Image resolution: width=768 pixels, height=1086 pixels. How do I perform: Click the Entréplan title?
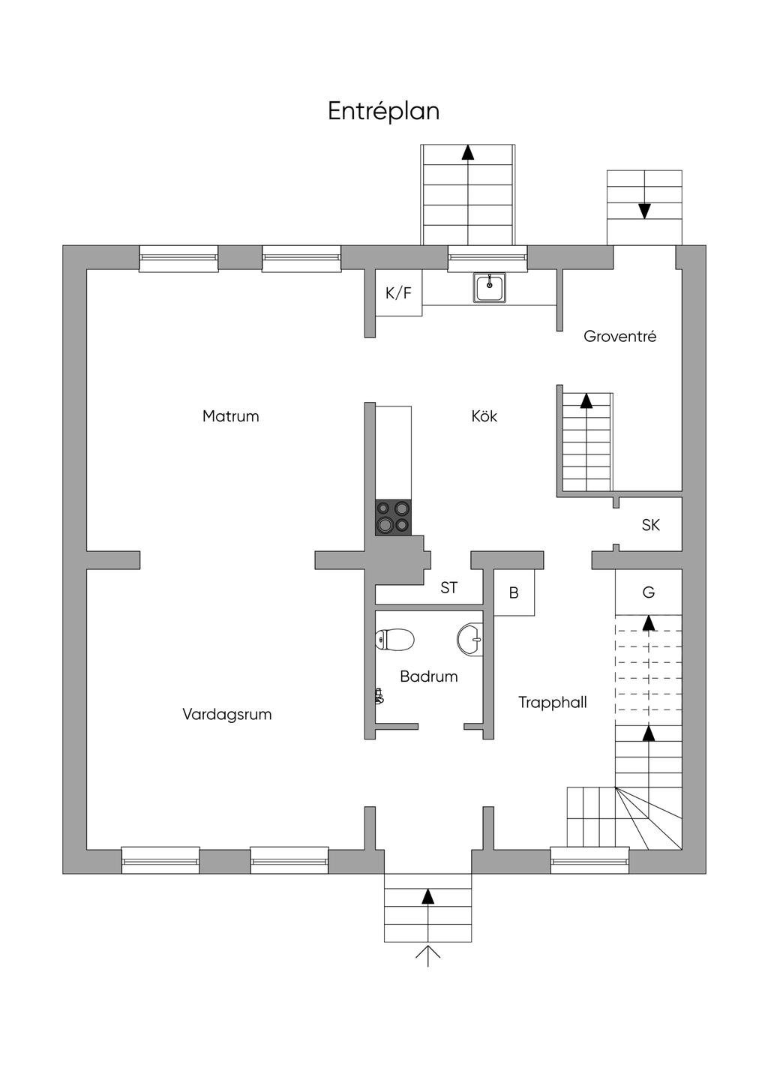tap(383, 111)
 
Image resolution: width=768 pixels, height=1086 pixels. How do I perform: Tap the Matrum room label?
tap(230, 416)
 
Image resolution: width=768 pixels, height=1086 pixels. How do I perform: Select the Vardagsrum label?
tap(226, 714)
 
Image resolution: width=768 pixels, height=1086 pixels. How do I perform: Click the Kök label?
tap(484, 416)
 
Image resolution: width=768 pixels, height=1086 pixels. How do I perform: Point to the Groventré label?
tap(619, 337)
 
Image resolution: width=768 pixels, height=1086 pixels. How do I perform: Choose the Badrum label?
tap(428, 676)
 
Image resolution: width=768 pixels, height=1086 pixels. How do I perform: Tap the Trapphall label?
tap(552, 703)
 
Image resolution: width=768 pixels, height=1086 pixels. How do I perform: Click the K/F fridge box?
tap(398, 292)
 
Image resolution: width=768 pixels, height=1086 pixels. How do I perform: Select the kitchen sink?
tap(489, 287)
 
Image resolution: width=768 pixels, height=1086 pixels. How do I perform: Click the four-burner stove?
tap(393, 517)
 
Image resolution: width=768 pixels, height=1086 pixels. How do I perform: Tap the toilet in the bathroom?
tap(394, 640)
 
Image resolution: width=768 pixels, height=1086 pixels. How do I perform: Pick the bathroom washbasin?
tap(470, 639)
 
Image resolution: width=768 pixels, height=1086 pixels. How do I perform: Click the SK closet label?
tap(650, 526)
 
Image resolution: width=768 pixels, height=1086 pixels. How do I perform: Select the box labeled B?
tap(514, 593)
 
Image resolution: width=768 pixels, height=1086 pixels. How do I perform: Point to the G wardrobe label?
tap(649, 592)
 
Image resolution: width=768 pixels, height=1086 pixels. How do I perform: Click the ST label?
tap(448, 588)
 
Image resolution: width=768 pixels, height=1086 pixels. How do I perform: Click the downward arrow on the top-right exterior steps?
tap(644, 211)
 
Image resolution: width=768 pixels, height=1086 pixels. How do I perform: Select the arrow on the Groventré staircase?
tap(586, 400)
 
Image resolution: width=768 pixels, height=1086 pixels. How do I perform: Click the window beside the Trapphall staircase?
tap(589, 859)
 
